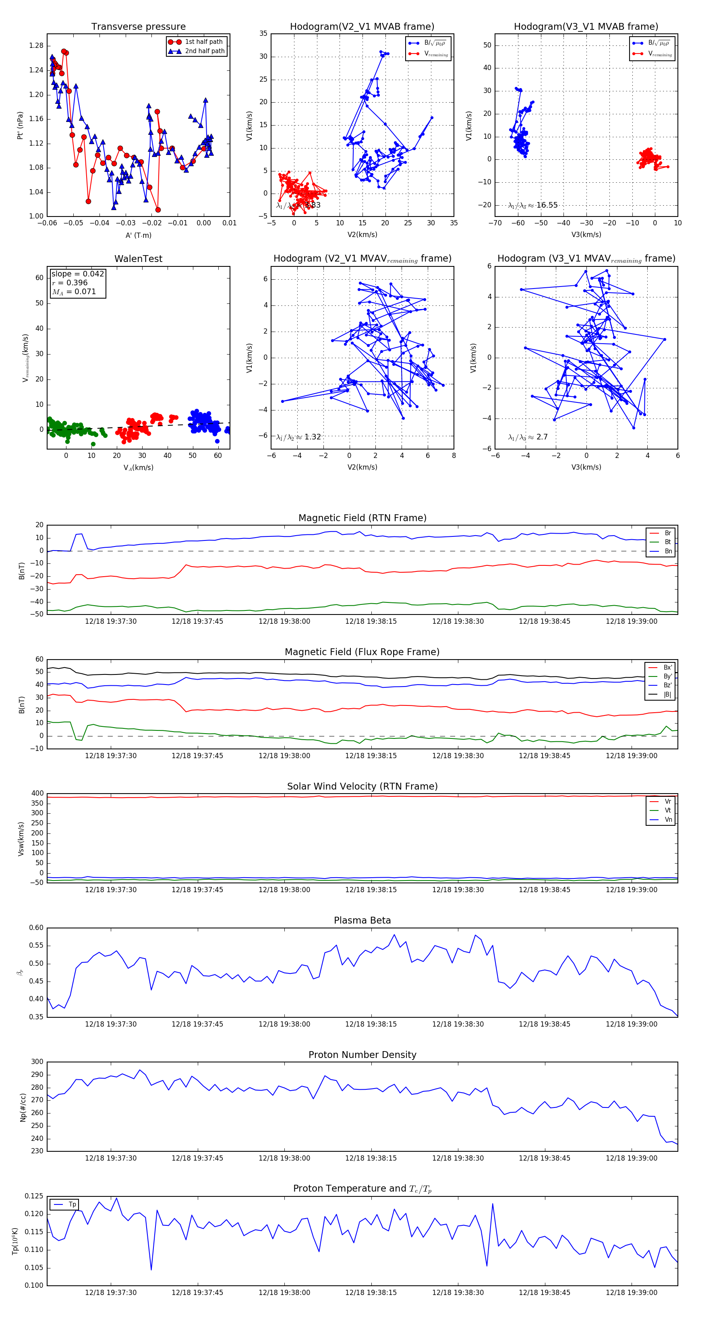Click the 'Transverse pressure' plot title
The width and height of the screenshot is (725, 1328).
point(138,27)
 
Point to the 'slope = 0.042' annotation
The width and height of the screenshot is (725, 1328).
point(77,274)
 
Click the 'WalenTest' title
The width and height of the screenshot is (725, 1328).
point(138,259)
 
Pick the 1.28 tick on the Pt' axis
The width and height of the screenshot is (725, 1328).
point(36,46)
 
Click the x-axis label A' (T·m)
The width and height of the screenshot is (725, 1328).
point(138,235)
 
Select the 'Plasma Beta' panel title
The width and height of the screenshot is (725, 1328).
point(362,920)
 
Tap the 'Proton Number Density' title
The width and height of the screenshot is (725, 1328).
point(362,1054)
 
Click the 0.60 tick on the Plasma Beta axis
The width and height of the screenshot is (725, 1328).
point(36,928)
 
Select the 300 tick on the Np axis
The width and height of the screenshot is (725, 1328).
point(37,1062)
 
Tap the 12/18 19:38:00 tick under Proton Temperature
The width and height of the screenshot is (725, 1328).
point(284,1293)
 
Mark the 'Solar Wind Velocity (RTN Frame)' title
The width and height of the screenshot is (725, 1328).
point(362,786)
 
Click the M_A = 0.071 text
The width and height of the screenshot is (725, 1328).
point(74,292)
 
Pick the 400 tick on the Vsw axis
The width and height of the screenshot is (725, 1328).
point(37,794)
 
